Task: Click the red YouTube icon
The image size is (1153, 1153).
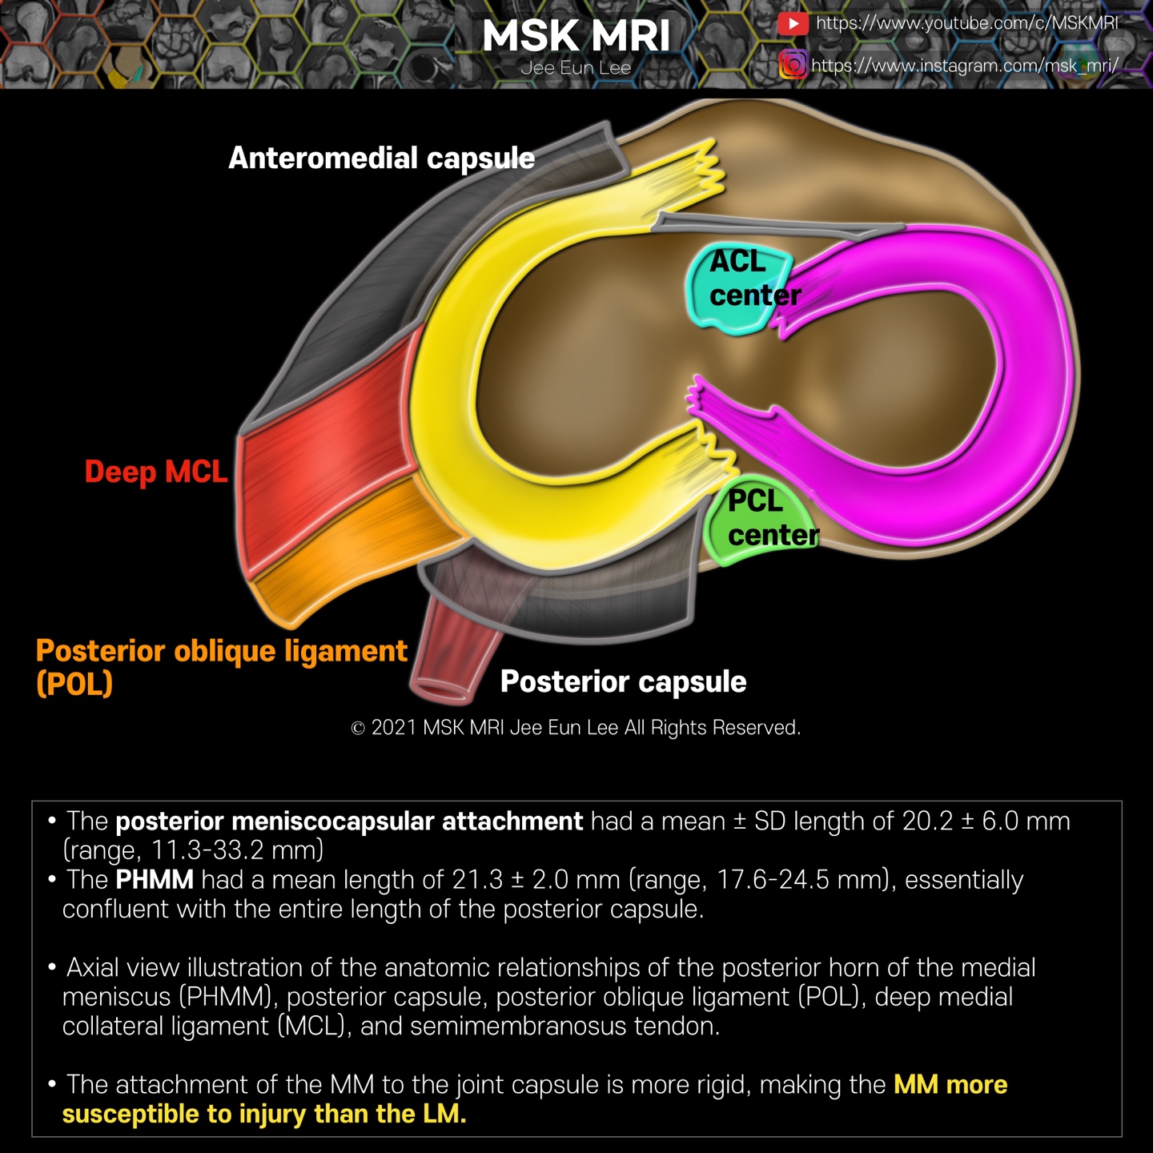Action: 793,23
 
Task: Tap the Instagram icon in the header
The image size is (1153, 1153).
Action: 793,64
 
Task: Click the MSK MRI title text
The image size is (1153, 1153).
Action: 576,36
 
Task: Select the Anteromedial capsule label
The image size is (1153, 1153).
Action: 381,158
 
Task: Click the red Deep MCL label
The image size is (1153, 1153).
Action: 156,472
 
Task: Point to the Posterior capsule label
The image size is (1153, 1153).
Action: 623,681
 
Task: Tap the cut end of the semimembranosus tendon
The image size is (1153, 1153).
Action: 440,689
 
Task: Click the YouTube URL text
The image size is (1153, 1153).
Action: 966,23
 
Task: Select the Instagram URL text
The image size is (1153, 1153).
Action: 964,65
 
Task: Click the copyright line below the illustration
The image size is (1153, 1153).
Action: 576,727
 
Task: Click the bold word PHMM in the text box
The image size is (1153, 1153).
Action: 155,879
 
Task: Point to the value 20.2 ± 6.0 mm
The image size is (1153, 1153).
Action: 986,821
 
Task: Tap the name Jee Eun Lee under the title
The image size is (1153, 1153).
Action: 576,68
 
